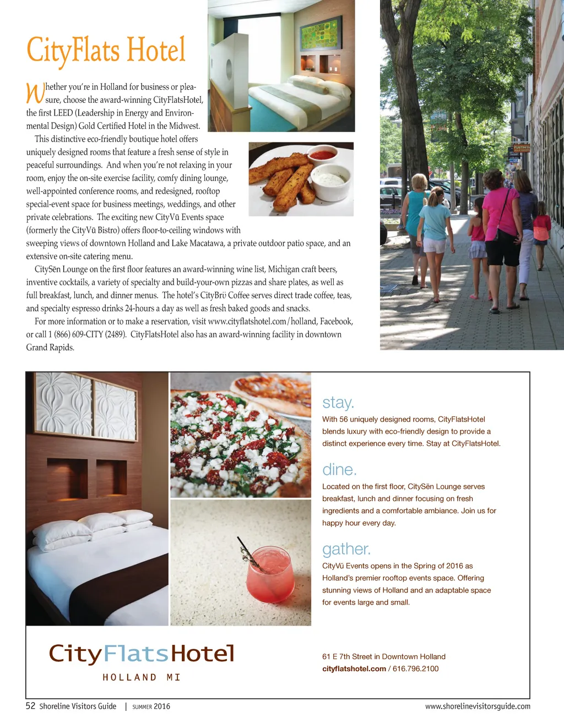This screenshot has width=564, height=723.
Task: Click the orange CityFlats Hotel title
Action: point(106,51)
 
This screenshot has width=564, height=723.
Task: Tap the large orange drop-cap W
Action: point(35,93)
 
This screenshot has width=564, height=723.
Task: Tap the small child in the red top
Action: point(541,231)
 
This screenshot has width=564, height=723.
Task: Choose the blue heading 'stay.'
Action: point(338,403)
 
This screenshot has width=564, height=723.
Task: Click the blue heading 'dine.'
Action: point(339,470)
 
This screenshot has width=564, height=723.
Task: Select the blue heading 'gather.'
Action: point(346,549)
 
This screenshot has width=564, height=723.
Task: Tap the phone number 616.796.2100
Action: point(415,669)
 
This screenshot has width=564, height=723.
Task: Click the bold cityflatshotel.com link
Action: point(354,669)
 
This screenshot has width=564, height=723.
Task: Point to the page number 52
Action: point(31,706)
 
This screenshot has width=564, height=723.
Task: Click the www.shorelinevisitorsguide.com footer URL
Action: point(478,706)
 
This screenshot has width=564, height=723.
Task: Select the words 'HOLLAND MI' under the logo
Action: point(142,677)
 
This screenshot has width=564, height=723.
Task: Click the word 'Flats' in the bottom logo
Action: point(136,654)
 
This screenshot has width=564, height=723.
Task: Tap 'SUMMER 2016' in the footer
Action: point(151,706)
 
